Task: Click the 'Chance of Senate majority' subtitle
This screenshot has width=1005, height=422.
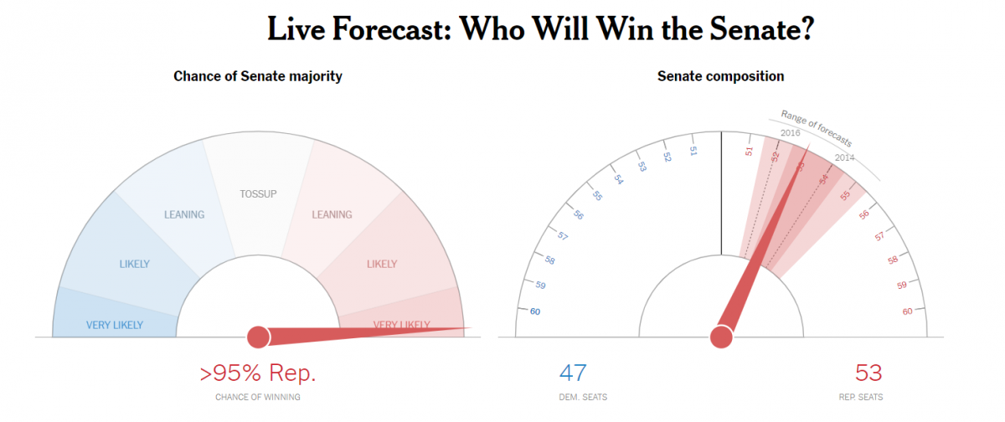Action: click(x=258, y=76)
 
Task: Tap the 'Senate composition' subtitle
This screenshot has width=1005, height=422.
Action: click(x=720, y=76)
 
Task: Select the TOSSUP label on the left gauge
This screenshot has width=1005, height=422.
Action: click(x=258, y=194)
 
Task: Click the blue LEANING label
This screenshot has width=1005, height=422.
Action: click(x=184, y=214)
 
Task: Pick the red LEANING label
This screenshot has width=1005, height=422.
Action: click(x=332, y=214)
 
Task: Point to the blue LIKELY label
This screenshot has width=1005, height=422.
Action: click(x=134, y=265)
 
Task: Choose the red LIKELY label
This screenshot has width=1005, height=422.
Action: click(x=382, y=265)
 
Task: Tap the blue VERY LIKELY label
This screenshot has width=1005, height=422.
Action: click(x=115, y=325)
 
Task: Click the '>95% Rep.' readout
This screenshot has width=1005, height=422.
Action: click(x=258, y=373)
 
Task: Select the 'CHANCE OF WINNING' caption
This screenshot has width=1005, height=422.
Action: click(x=258, y=397)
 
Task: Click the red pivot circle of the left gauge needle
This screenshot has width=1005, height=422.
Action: click(x=258, y=337)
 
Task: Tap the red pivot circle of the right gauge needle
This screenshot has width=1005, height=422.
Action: click(x=720, y=337)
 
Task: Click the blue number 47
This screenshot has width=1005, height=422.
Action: click(x=573, y=373)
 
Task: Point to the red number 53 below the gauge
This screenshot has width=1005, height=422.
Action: click(x=868, y=373)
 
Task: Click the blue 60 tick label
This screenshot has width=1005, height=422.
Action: click(x=535, y=312)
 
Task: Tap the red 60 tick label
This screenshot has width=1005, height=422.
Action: click(x=907, y=312)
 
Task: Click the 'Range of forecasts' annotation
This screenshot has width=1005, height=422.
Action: click(x=817, y=127)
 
